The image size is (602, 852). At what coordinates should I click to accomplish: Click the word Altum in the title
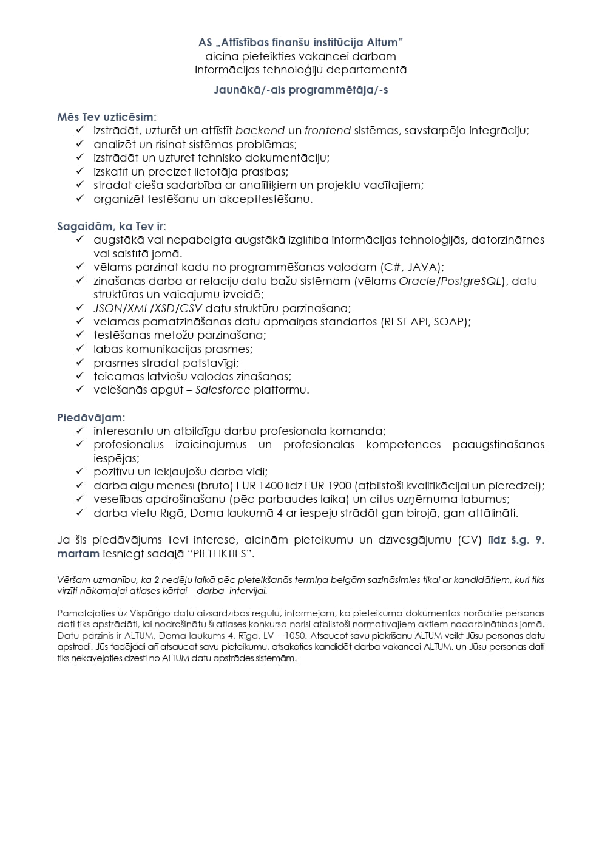(384, 43)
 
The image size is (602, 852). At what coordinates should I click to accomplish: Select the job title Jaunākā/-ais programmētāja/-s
(301, 90)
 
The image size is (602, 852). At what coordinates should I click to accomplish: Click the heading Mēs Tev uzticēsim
(106, 117)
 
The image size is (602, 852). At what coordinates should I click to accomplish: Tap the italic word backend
(260, 131)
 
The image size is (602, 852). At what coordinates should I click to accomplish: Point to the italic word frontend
(328, 131)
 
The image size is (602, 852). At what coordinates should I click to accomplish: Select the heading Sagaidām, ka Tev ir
(111, 227)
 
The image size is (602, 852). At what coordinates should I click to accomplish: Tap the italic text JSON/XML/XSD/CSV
(147, 308)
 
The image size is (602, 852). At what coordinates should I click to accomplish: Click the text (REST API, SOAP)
(426, 322)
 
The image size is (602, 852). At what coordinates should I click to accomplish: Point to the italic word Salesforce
(223, 390)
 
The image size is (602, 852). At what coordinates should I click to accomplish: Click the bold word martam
(78, 554)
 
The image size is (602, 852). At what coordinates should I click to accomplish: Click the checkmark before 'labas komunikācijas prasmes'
(79, 349)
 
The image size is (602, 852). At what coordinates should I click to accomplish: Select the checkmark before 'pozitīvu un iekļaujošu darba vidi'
(79, 472)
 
